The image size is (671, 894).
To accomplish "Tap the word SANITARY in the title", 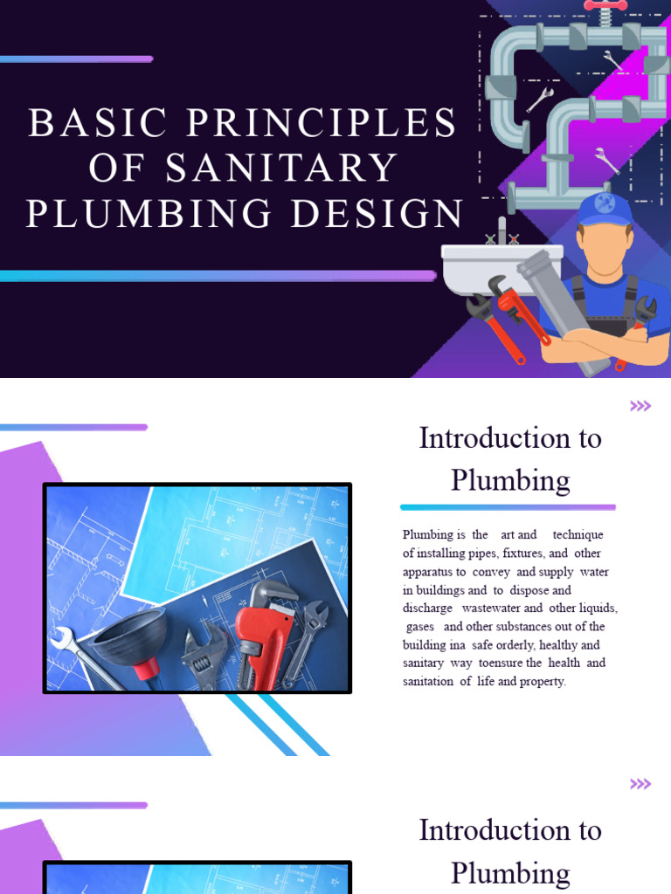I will (x=281, y=168).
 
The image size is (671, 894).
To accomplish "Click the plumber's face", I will (x=605, y=248).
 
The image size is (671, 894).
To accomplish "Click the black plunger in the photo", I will (x=131, y=642).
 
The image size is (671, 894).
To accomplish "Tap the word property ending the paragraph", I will (x=543, y=681).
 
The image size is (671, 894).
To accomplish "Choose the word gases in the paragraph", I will (x=420, y=626).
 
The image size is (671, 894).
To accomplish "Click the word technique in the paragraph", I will (x=578, y=534).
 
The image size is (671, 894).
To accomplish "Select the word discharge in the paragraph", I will (x=427, y=608).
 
